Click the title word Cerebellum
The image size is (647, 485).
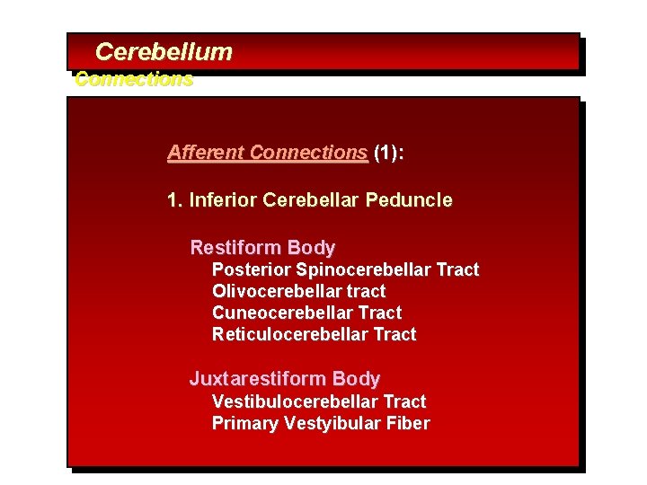(164, 52)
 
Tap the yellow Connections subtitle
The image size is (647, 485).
(134, 79)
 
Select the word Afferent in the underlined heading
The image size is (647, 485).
(206, 153)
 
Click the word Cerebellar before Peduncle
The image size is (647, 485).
(312, 199)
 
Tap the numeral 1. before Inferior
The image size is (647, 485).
(175, 199)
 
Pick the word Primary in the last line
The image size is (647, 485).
(244, 423)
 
